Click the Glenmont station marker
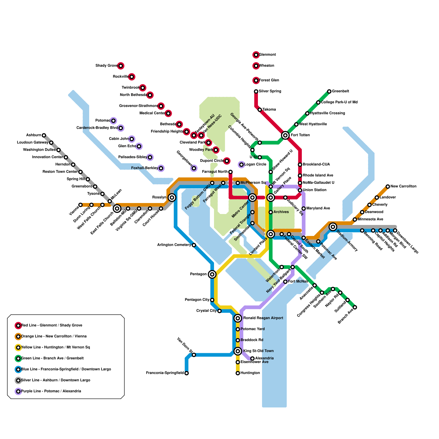pyautogui.click(x=256, y=55)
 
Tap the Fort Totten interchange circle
pyautogui.click(x=285, y=135)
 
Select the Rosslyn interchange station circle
pyautogui.click(x=172, y=198)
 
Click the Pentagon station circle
pyautogui.click(x=212, y=274)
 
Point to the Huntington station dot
pyautogui.click(x=238, y=373)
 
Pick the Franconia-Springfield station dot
pyautogui.click(x=187, y=373)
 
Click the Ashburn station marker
pyautogui.click(x=44, y=135)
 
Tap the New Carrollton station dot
pyautogui.click(x=388, y=187)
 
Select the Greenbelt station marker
pyautogui.click(x=329, y=91)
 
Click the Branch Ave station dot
pyautogui.click(x=355, y=307)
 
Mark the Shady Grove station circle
pyautogui.click(x=121, y=66)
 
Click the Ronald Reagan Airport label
pyautogui.click(x=263, y=318)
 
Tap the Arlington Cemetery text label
pyautogui.click(x=174, y=245)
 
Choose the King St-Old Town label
pyautogui.click(x=258, y=351)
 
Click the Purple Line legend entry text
pyautogui.click(x=51, y=391)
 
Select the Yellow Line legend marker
pyautogui.click(x=18, y=348)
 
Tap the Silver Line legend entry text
pyautogui.click(x=56, y=380)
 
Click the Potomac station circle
pyautogui.click(x=113, y=121)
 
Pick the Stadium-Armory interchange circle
pyautogui.click(x=333, y=227)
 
